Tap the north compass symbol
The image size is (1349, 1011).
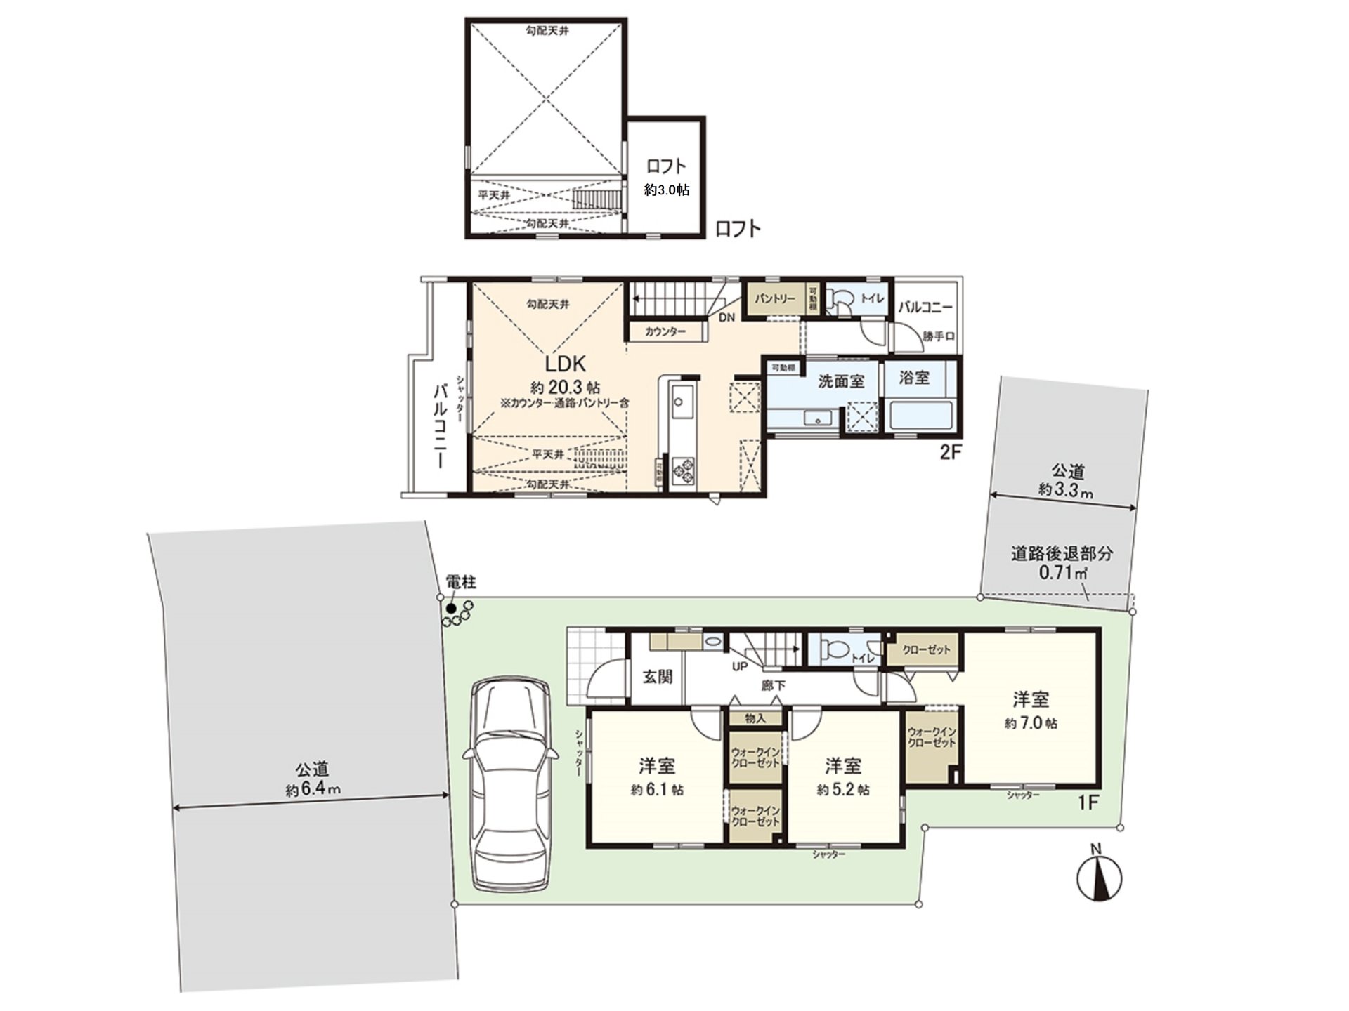point(1099,878)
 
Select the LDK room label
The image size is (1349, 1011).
point(566,364)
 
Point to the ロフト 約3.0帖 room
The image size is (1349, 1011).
point(666,176)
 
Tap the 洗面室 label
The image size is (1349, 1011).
point(841,381)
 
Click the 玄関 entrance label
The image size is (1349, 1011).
point(658,676)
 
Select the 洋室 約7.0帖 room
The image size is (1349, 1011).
point(1031,709)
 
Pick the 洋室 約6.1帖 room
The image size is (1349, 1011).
point(656,776)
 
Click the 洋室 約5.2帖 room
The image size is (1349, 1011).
point(843,776)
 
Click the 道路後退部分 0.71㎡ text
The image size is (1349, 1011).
point(1062,562)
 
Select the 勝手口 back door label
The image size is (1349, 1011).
point(939,336)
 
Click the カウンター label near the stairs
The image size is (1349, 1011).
point(665,331)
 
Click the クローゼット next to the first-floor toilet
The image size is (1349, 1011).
point(926,649)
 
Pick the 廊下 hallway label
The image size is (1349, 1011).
point(774,685)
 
